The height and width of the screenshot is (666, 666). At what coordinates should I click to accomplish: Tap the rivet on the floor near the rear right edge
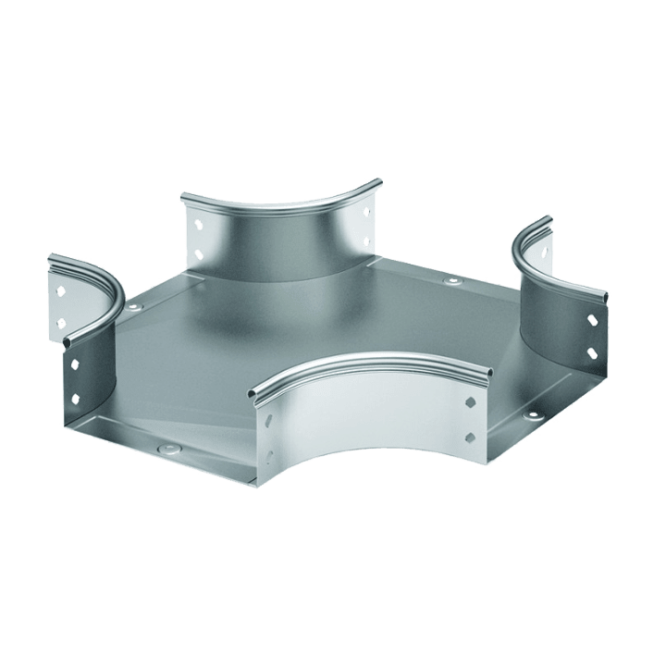click(x=450, y=280)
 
